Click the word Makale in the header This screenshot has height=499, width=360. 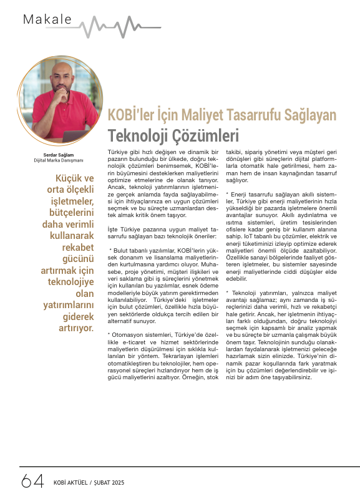click(x=47, y=19)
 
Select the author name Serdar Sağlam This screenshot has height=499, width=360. click(x=54, y=153)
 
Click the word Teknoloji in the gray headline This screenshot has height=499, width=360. click(x=135, y=135)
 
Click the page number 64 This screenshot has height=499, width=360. click(x=32, y=482)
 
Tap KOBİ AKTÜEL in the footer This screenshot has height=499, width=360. click(x=70, y=483)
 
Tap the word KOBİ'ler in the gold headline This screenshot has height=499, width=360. click(x=129, y=115)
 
